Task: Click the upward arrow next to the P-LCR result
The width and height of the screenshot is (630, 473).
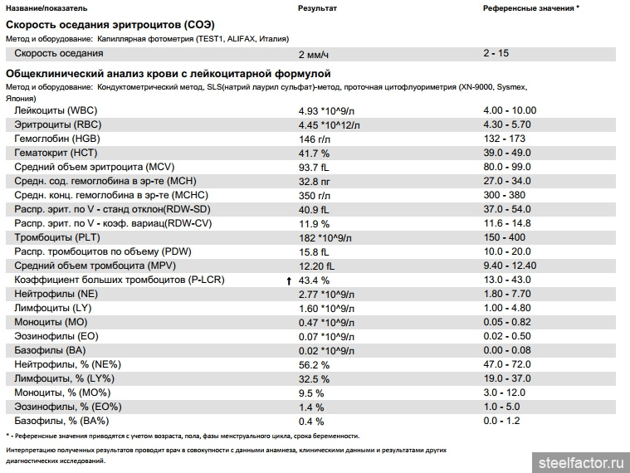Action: click(289, 281)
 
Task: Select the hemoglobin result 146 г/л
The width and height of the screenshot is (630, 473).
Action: click(315, 139)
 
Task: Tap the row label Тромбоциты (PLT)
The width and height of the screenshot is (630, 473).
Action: click(57, 237)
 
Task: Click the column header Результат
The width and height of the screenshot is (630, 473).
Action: click(317, 8)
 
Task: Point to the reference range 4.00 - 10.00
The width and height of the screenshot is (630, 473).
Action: click(510, 110)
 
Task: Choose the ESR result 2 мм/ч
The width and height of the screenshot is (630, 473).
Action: click(314, 55)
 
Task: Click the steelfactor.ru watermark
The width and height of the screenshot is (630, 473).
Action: click(581, 463)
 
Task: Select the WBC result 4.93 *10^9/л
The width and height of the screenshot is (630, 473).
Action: click(326, 111)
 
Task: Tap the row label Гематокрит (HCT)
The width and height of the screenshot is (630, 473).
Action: click(56, 153)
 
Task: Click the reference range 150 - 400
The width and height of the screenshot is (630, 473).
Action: click(504, 237)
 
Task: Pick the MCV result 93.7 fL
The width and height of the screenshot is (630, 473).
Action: click(314, 168)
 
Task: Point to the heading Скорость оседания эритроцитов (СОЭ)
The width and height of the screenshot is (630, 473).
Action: click(110, 25)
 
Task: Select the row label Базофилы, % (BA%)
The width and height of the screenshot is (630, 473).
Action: click(61, 421)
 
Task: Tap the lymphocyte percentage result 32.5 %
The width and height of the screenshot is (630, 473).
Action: click(314, 379)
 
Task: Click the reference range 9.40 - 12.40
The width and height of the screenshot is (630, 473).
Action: click(510, 266)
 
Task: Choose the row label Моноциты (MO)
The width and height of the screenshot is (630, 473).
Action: click(51, 322)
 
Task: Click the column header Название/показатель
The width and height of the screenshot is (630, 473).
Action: click(46, 8)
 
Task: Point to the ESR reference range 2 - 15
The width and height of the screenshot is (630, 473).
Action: click(496, 53)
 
